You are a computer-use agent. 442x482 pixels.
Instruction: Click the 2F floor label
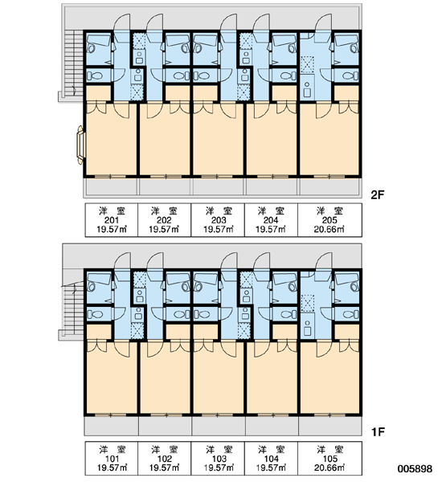[x=378, y=194]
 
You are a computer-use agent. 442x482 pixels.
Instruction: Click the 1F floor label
[x=378, y=432]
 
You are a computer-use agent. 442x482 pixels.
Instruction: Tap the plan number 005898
[x=415, y=468]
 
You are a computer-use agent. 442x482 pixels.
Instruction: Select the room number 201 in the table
[x=112, y=220]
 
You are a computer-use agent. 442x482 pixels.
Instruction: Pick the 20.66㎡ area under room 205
[x=329, y=229]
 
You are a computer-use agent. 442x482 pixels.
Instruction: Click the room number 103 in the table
[x=219, y=459]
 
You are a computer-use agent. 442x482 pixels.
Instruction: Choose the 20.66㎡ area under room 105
[x=329, y=468]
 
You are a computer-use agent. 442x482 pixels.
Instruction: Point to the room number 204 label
[x=271, y=220]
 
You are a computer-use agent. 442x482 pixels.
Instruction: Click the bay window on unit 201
[x=80, y=145]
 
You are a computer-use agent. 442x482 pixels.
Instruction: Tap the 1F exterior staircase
[x=73, y=308]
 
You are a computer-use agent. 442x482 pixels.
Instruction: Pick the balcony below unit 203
[x=219, y=186]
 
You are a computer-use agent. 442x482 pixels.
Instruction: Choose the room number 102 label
[x=165, y=459]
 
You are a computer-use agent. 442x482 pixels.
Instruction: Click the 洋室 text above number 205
[x=329, y=210]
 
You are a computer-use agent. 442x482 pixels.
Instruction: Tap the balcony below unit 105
[x=330, y=426]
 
